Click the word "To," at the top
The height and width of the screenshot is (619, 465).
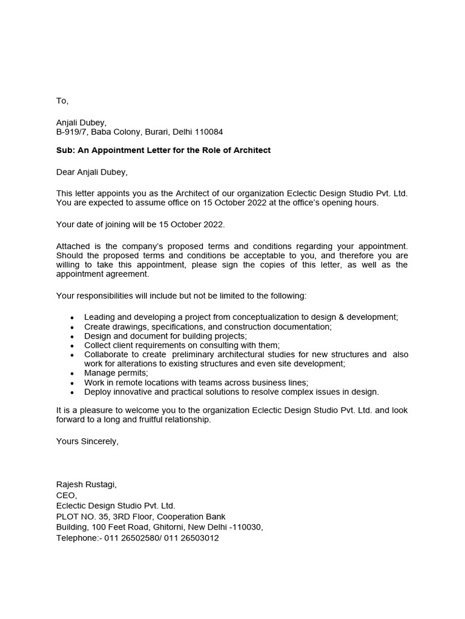[62, 100]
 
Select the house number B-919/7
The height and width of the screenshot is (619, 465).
[71, 132]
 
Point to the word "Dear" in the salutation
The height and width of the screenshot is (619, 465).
[65, 172]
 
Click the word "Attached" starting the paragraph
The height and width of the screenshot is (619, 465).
[73, 246]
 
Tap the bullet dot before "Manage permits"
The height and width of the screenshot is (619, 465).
[73, 374]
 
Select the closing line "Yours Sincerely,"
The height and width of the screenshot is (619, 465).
[87, 441]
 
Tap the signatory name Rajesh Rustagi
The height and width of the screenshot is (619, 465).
[86, 484]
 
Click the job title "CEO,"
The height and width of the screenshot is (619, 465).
[67, 495]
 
